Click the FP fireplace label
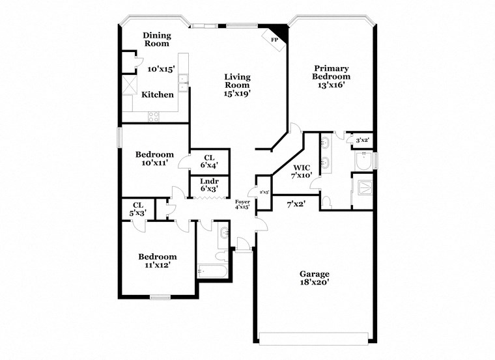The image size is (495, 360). [x=275, y=40]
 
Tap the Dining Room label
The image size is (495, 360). [x=156, y=40]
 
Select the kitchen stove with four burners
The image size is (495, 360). [x=154, y=117]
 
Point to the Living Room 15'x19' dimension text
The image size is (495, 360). [x=237, y=93]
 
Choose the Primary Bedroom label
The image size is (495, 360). [x=332, y=76]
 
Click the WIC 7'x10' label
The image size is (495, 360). [x=302, y=171]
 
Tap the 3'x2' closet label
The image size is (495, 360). [x=361, y=140]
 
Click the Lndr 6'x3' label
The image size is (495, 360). [x=209, y=184]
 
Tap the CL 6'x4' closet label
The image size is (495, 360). [x=209, y=161]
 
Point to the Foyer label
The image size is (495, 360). [x=242, y=205]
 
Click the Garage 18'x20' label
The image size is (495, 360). [x=314, y=278]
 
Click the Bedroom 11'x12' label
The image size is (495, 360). [x=158, y=261]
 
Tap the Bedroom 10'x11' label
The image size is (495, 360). [x=154, y=159]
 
